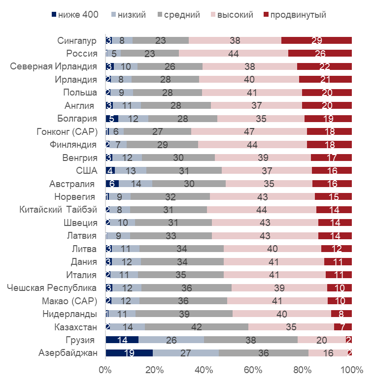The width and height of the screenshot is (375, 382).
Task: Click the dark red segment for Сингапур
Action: coord(316,40)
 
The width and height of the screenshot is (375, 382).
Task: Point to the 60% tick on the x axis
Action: coord(253,370)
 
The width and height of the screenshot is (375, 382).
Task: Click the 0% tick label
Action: coord(105,370)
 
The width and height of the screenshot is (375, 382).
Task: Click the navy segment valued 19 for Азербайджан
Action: coord(129,353)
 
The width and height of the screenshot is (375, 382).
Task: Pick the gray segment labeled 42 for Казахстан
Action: coord(197,327)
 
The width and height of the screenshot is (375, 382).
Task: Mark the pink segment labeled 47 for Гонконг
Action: coord(249,131)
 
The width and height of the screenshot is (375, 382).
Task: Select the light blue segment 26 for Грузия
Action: coord(171,340)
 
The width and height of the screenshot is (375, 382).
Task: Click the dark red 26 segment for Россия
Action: coord(320,53)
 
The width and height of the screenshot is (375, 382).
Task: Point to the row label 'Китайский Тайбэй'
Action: coord(58,210)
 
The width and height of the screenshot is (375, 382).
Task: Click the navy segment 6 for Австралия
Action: coord(112,184)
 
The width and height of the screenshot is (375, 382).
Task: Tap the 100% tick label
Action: coord(352,370)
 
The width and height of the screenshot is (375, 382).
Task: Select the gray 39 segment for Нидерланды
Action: coord(184,314)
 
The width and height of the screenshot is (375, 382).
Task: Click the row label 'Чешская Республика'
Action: coord(52,287)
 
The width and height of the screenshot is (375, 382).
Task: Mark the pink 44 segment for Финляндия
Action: coord(252,145)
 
